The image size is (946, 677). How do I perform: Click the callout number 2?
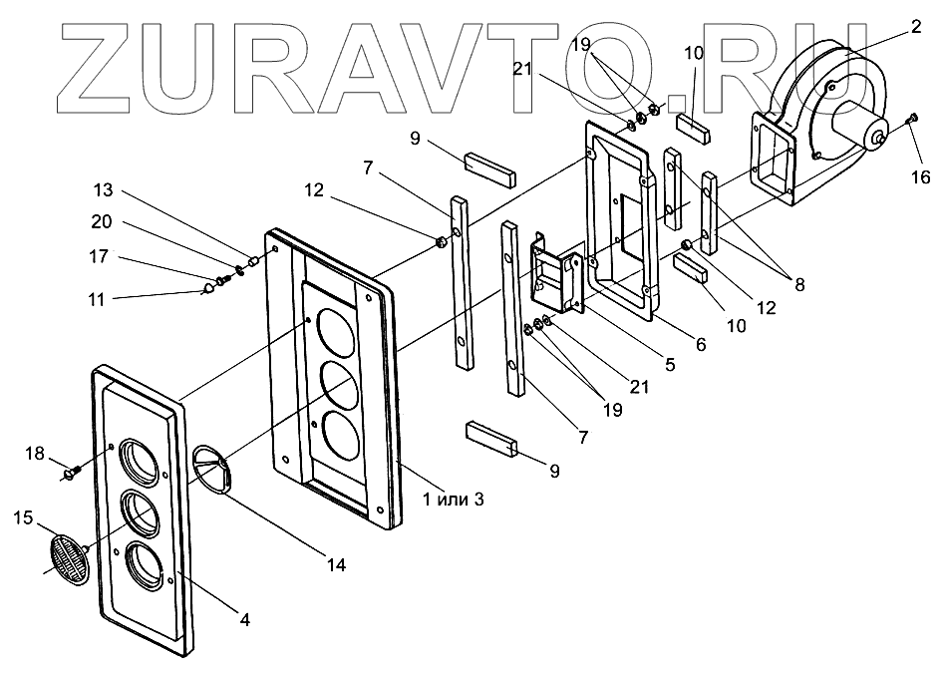[914, 28]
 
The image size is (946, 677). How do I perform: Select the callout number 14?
[336, 564]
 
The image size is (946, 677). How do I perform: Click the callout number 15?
[22, 517]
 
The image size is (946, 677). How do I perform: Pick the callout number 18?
[36, 454]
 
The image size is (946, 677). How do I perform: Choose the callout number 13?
[104, 189]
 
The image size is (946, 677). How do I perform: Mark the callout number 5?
[670, 365]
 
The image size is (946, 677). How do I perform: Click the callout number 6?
[700, 344]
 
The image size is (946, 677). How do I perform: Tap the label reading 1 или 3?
[453, 499]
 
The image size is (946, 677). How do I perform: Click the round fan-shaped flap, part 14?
[212, 467]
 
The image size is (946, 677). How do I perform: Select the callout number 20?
[104, 222]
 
